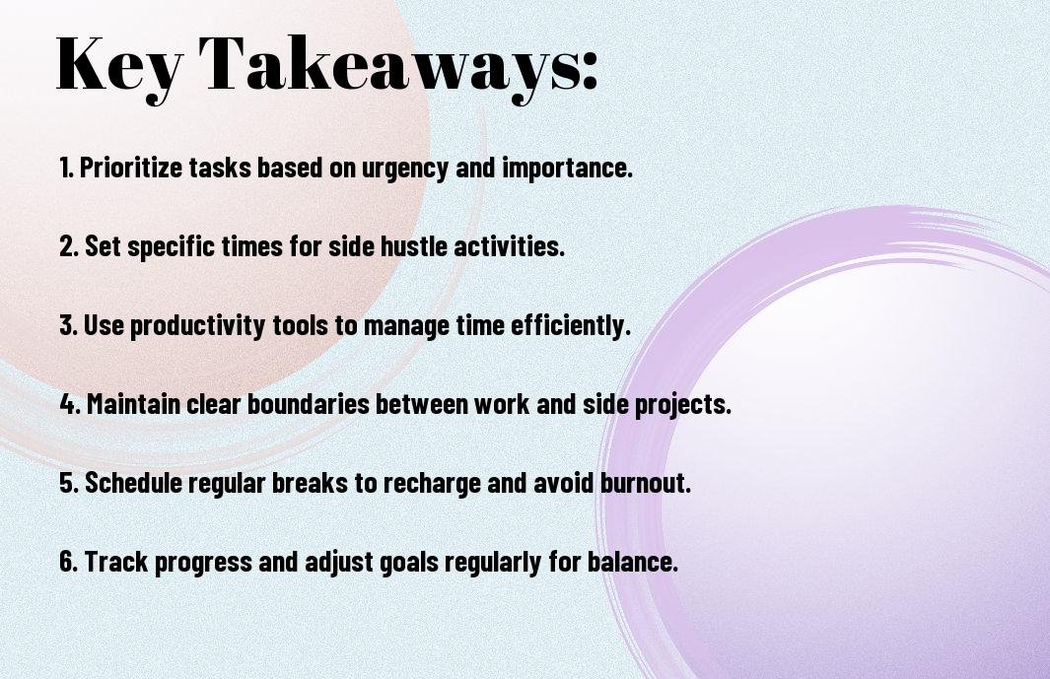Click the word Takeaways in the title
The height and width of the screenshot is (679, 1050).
point(381,66)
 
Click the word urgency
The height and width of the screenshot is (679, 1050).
point(404,169)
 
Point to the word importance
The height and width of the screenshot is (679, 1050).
point(567,169)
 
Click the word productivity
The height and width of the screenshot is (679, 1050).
point(197,326)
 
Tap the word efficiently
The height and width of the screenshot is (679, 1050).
point(571,326)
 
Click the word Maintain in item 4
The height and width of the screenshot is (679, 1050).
point(133,404)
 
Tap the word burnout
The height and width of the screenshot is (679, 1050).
point(646,483)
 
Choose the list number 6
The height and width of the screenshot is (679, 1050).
point(69,561)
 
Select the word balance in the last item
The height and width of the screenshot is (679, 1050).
point(633,561)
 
